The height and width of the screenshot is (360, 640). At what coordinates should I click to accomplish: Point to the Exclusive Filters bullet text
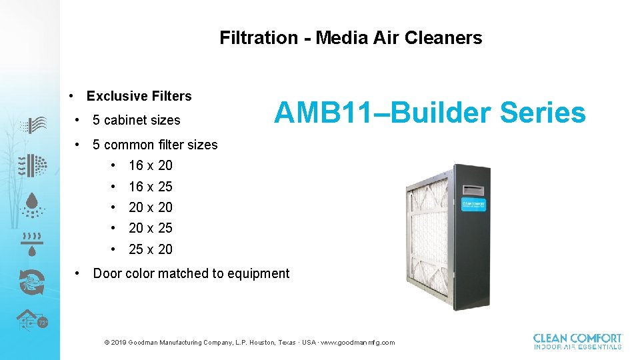coord(139,96)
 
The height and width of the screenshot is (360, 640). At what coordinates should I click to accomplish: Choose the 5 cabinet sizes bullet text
coord(136,120)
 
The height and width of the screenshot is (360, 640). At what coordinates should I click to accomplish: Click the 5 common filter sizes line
coord(155,145)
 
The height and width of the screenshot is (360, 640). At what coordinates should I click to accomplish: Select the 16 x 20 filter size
coord(150,165)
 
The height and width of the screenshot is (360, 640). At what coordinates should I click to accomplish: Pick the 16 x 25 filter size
coord(150,187)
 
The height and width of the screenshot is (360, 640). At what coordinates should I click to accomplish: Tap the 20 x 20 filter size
coord(150,207)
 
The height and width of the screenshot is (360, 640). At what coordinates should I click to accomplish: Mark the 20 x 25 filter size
coord(150,228)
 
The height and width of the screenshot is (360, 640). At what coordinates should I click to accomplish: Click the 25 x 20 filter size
coord(150,249)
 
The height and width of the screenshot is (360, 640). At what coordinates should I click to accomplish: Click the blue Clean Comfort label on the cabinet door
coord(474,204)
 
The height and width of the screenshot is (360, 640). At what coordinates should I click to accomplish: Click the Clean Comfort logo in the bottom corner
coord(577,341)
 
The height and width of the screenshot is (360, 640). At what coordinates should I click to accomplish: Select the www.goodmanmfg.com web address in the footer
coord(357,343)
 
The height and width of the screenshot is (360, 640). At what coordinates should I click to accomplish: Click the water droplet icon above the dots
coord(31,201)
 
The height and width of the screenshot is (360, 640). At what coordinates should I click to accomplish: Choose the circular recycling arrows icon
coord(31,281)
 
